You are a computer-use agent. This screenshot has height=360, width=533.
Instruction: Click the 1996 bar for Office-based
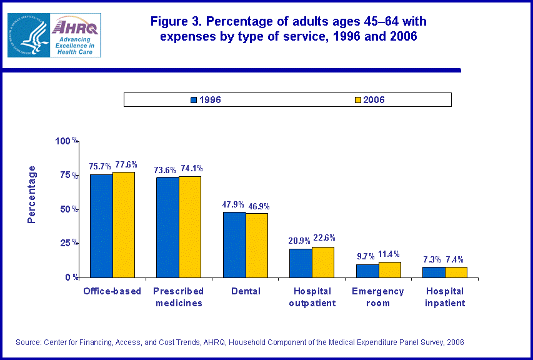[x=101, y=226]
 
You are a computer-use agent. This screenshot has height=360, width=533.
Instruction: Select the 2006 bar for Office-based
[x=124, y=224]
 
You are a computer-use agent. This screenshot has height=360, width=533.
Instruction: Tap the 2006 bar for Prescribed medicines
[x=190, y=227]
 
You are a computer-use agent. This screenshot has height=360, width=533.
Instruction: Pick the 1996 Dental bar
[x=234, y=244]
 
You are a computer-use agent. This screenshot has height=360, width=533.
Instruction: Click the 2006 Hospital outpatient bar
[x=323, y=262]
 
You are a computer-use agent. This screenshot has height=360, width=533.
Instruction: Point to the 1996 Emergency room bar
[x=367, y=271]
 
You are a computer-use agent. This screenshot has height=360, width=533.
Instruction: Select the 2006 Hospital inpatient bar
[x=456, y=272]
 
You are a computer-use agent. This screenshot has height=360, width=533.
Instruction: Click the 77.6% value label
[x=125, y=165]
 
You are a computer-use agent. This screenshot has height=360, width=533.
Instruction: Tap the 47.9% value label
[x=234, y=204]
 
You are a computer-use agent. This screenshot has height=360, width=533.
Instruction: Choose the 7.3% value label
[x=433, y=259]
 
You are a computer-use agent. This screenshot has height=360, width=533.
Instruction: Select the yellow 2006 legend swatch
[x=358, y=100]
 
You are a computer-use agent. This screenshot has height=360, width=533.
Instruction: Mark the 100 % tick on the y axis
[x=66, y=141]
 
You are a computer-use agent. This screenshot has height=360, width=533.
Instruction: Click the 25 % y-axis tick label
[x=68, y=242]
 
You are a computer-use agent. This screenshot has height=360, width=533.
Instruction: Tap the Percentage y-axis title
[x=32, y=194]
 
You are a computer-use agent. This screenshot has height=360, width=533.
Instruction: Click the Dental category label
[x=245, y=291]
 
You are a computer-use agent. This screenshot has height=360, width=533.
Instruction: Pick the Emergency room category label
[x=378, y=297]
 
